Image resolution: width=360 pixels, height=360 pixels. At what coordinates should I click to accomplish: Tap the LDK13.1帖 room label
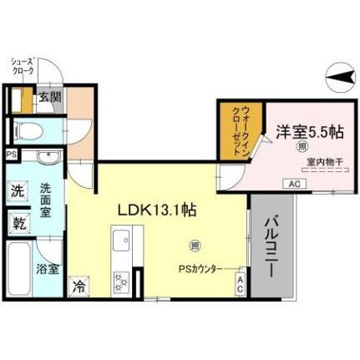[x=162, y=210]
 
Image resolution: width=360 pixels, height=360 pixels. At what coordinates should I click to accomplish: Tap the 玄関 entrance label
[x=49, y=98]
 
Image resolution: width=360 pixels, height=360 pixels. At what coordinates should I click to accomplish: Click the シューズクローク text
[x=22, y=66]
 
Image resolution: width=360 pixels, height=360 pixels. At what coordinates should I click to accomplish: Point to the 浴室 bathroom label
[x=47, y=269]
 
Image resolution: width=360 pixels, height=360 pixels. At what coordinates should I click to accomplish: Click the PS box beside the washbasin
[x=11, y=155]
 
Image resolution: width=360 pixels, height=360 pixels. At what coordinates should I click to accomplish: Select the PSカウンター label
[x=200, y=268]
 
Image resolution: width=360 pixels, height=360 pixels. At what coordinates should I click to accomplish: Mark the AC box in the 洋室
[x=293, y=183]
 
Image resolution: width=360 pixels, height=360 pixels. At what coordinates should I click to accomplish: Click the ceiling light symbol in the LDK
[x=195, y=246]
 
